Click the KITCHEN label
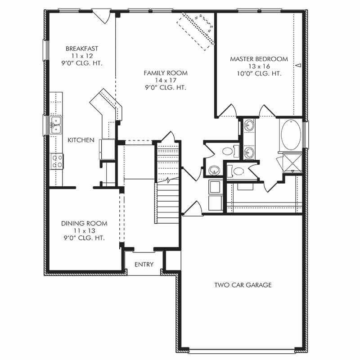81,140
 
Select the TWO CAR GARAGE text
243,285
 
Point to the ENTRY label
144,265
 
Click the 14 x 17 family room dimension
165,80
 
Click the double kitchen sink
56,126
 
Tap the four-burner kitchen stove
57,161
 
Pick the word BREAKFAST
82,49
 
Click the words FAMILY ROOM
166,73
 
